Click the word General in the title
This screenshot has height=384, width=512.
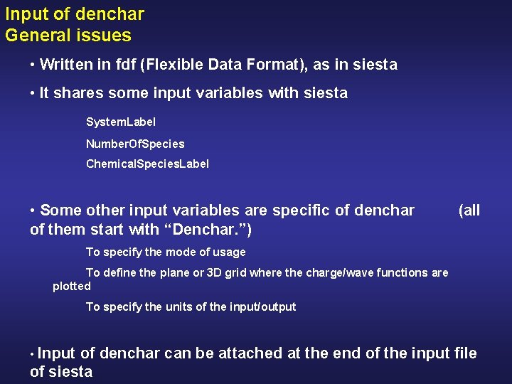pyautogui.click(x=36, y=35)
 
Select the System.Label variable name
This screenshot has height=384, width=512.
pyautogui.click(x=121, y=122)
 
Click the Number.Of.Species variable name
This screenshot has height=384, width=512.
pyautogui.click(x=135, y=144)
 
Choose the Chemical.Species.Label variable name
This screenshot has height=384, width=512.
pyautogui.click(x=147, y=164)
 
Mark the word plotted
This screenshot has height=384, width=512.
pyautogui.click(x=72, y=286)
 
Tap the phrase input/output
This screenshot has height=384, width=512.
pyautogui.click(x=263, y=306)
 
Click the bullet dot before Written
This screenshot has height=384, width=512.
pyautogui.click(x=33, y=65)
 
